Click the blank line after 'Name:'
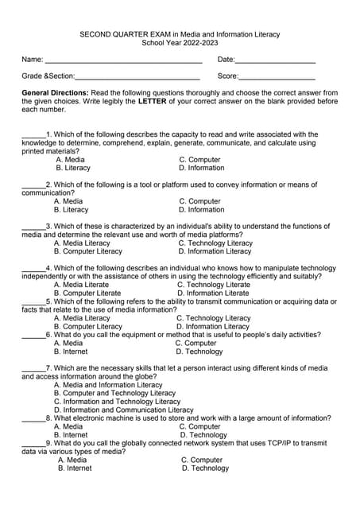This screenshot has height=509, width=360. coord(123,61)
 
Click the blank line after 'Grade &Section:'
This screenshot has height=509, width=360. coord(137,78)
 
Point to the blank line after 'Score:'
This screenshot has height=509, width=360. coord(277,78)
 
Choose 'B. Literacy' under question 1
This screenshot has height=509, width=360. coord(73,168)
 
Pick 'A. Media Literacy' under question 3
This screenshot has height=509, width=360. coord(87,243)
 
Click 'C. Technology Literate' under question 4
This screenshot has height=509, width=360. coord(213,284)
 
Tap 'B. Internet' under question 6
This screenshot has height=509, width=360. coord(71,351)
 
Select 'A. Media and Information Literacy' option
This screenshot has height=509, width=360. coord(108,385)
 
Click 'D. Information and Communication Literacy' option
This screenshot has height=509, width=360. coord(122,410)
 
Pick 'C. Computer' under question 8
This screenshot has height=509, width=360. coord(200,426)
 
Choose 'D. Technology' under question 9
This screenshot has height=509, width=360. coord(205,468)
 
